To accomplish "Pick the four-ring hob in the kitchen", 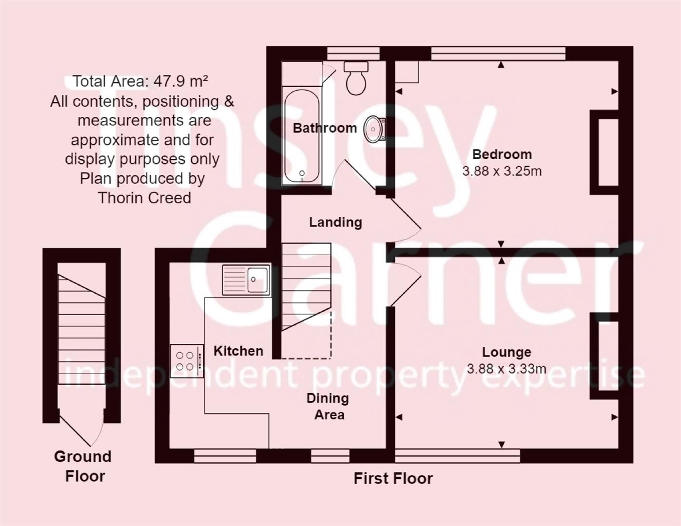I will [x=187, y=361].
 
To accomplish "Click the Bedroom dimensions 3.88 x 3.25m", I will [x=502, y=171].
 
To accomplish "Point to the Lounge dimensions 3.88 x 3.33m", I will [x=506, y=369].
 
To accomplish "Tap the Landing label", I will [x=335, y=222].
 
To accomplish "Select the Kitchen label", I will [x=238, y=351].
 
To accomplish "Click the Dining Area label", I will [x=328, y=406].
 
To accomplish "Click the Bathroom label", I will [x=325, y=128].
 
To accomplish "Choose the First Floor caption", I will [x=393, y=478].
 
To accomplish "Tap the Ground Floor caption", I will [x=83, y=466].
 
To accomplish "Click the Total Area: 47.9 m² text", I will [x=140, y=81].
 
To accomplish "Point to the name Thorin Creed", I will [x=144, y=198].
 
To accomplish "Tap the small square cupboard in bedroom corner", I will [x=407, y=72].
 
